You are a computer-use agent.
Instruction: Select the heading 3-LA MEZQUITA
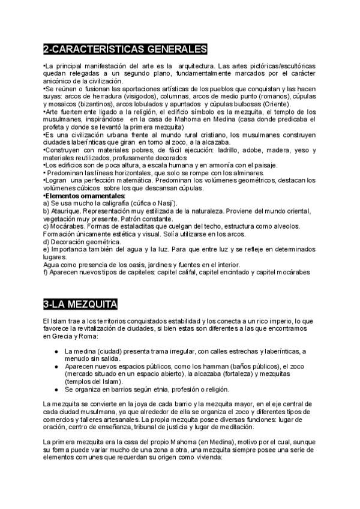pyautogui.click(x=80, y=304)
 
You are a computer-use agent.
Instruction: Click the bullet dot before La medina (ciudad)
pyautogui.click(x=56, y=351)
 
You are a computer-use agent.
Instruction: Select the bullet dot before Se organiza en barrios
pyautogui.click(x=56, y=389)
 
